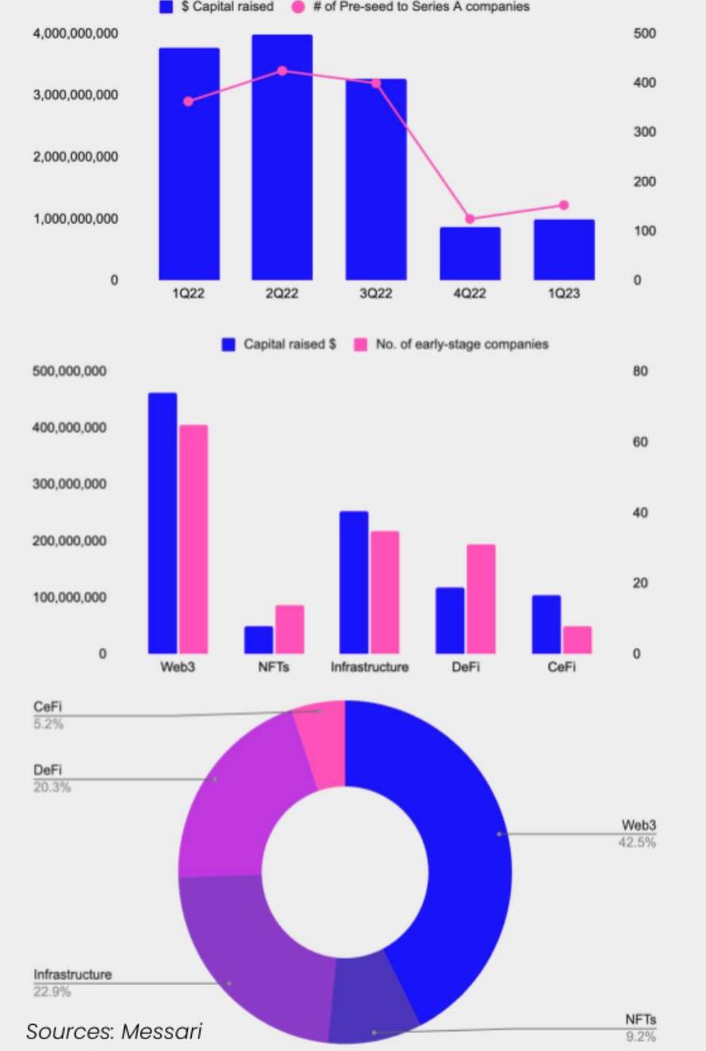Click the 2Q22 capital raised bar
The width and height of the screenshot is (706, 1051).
tap(282, 159)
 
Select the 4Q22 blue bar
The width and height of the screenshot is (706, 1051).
tap(470, 254)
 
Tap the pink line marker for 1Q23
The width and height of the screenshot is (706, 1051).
tap(564, 205)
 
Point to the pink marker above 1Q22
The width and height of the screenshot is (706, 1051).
tap(188, 101)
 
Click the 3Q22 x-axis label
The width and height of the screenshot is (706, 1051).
tap(375, 293)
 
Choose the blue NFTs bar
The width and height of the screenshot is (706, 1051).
tap(258, 639)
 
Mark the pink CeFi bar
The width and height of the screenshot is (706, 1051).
tap(577, 639)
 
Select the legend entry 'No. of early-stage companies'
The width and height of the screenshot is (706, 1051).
tap(461, 344)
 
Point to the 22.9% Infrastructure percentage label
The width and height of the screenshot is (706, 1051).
tap(52, 992)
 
